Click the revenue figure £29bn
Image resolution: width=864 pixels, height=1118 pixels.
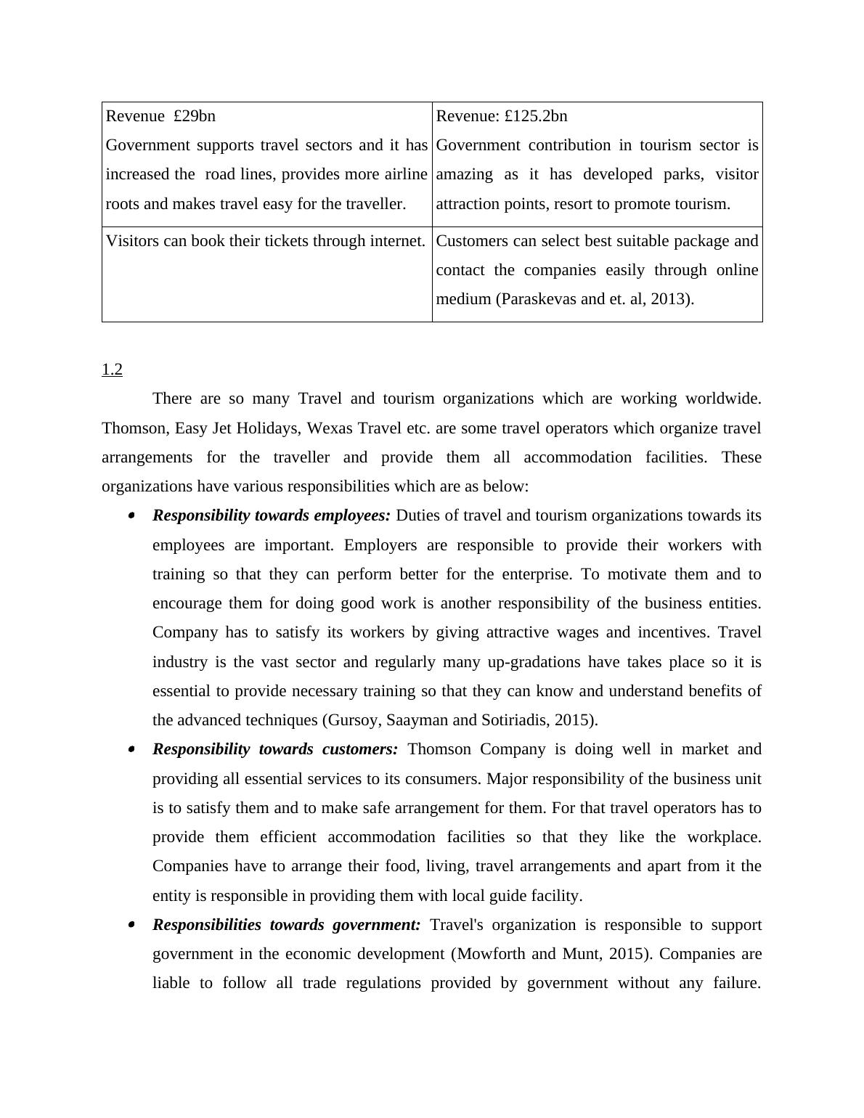tap(195, 116)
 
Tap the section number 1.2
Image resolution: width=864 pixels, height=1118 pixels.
tap(112, 370)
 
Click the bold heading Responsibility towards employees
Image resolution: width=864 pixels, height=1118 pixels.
tap(271, 515)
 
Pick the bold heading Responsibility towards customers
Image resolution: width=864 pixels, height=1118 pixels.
tap(275, 749)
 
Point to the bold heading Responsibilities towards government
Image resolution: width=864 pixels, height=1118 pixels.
tap(286, 925)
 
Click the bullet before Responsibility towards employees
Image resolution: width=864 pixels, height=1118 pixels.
tap(131, 515)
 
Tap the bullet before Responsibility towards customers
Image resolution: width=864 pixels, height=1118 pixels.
tap(131, 749)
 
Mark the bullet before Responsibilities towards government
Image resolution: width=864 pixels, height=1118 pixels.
tap(131, 925)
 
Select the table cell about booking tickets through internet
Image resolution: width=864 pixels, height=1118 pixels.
tap(266, 241)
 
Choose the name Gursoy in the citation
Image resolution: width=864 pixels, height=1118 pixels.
tap(352, 720)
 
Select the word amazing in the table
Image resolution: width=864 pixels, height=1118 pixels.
tap(464, 174)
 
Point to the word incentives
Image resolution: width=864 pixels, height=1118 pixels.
tap(672, 632)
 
